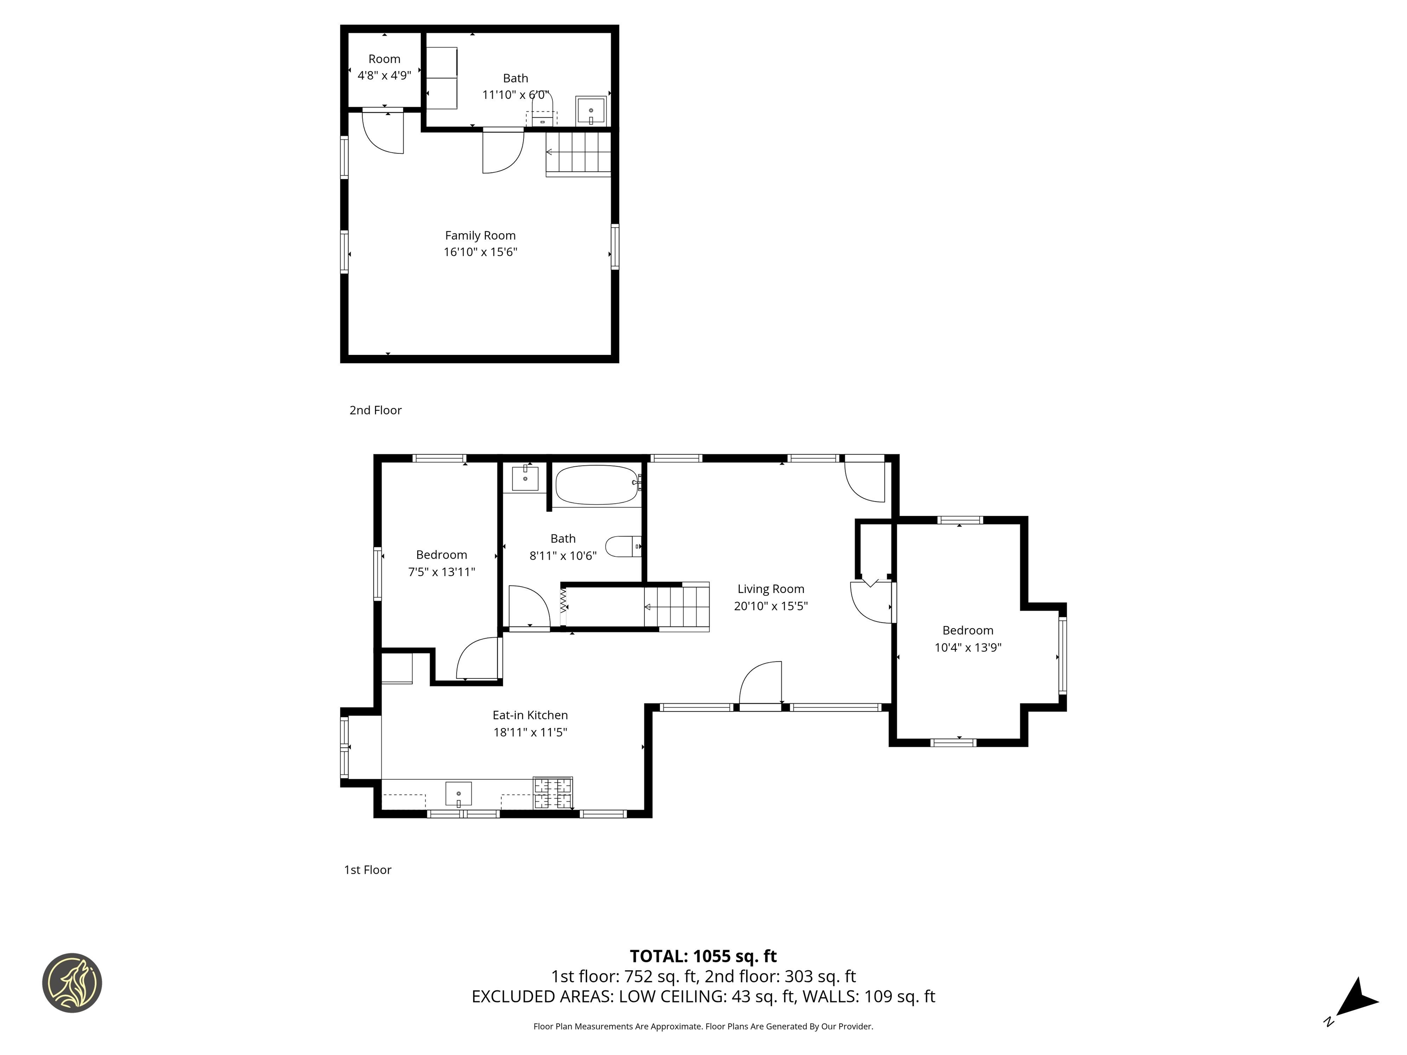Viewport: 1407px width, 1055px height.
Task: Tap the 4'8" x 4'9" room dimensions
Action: [x=384, y=76]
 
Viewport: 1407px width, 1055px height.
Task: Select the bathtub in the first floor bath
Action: [x=596, y=485]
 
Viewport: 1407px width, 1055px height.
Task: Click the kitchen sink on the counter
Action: [x=458, y=794]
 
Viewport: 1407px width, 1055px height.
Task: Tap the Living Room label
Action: [x=770, y=589]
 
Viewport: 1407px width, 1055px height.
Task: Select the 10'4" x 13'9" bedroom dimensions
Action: [x=967, y=647]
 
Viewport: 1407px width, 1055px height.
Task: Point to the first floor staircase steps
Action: [x=677, y=607]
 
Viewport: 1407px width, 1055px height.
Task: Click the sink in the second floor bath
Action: [x=590, y=111]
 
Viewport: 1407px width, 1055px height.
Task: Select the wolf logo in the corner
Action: [x=72, y=983]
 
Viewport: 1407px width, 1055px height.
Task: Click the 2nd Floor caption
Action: [x=375, y=410]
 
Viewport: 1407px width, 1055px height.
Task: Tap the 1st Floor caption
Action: [x=368, y=870]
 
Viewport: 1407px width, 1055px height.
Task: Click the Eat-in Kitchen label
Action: [x=530, y=715]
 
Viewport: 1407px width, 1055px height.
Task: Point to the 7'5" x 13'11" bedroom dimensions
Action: [x=442, y=572]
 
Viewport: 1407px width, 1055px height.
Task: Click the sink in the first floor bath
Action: [x=525, y=478]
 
